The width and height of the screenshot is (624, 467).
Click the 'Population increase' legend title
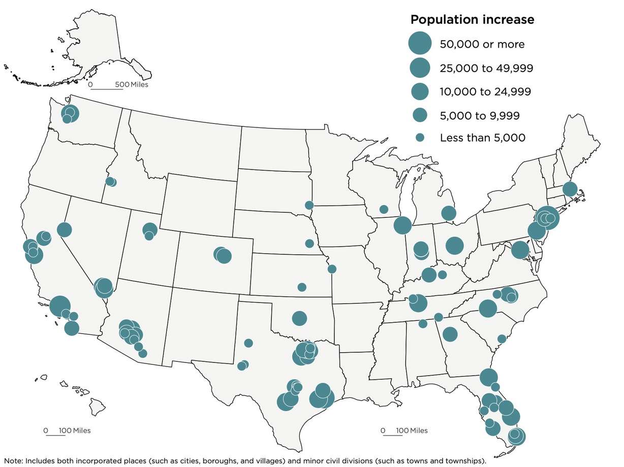pos(472,20)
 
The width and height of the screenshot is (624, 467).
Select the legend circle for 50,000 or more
pos(420,44)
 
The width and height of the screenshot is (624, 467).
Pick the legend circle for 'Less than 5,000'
pos(420,138)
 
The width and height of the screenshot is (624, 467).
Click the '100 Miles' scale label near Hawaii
pos(75,430)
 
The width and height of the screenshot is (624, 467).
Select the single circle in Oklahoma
pos(299,318)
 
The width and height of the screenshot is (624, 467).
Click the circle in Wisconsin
pos(384,209)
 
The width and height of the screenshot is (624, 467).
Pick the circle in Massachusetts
pos(570,189)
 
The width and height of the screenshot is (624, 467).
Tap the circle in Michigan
pos(448,213)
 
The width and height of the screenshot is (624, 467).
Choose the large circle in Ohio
pos(455,246)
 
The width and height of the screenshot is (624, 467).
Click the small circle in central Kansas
pos(302,287)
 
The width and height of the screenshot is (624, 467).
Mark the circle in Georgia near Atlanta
pos(450,334)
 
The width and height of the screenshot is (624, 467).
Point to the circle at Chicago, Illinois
pos(402,225)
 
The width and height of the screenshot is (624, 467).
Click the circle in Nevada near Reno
pos(64,229)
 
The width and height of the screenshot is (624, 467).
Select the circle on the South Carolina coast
pos(502,339)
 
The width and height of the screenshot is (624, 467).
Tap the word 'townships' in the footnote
pos(467,461)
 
